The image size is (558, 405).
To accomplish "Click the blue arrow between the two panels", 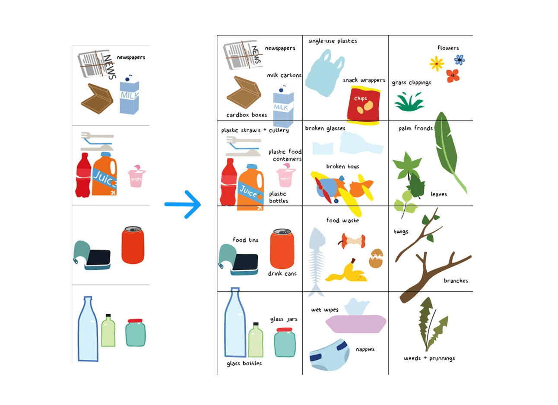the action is coord(184,204).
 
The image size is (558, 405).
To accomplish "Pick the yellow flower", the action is coord(437,64).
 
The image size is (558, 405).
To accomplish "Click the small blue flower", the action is coord(460,60).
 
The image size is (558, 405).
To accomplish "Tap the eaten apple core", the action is coord(353,241).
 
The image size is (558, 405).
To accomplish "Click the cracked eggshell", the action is coord(376,258).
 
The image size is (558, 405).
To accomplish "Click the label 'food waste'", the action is coord(342,220).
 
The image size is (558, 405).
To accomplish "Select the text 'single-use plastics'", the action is coord(333,41).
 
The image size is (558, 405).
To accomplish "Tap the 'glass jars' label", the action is coord(284,319).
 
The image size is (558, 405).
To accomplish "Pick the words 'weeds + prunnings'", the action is coord(429,358).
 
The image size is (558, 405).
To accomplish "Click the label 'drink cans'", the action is coord(282,273).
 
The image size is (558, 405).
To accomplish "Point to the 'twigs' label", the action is coord(401,232).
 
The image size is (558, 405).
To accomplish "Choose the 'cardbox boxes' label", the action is coord(247,115).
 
